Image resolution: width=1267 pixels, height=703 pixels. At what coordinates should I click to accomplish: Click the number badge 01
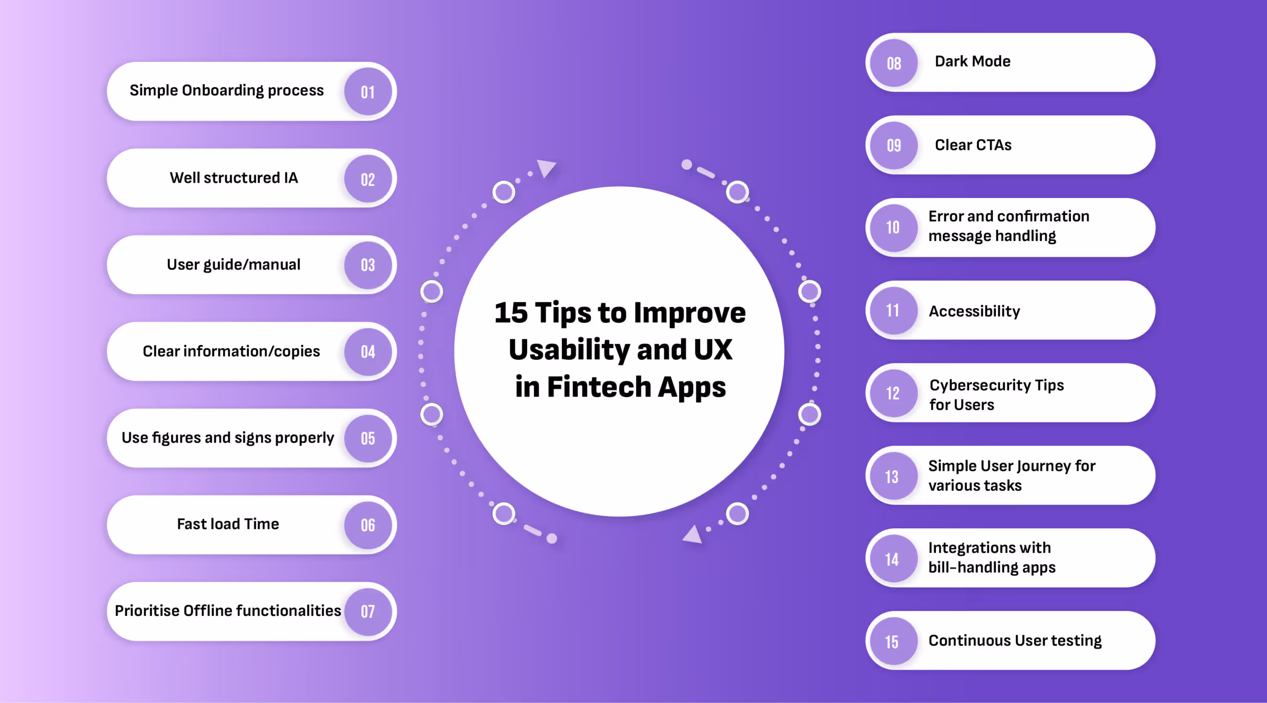pyautogui.click(x=368, y=92)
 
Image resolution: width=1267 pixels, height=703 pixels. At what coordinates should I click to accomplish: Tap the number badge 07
pyautogui.click(x=368, y=612)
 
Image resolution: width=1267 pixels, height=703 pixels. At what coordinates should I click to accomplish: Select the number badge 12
pyautogui.click(x=893, y=394)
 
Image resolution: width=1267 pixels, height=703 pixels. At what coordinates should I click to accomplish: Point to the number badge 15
pyautogui.click(x=892, y=642)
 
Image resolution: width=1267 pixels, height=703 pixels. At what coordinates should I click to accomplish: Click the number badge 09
pyautogui.click(x=894, y=146)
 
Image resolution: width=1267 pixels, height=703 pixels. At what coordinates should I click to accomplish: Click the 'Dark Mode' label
pyautogui.click(x=973, y=61)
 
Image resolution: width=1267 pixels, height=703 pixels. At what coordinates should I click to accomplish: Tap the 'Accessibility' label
pyautogui.click(x=974, y=311)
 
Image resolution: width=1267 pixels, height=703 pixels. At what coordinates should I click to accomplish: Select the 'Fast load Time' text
pyautogui.click(x=228, y=524)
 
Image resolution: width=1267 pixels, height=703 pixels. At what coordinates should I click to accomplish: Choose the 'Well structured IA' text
pyautogui.click(x=234, y=178)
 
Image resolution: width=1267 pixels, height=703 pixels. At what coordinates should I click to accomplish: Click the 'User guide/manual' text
pyautogui.click(x=234, y=264)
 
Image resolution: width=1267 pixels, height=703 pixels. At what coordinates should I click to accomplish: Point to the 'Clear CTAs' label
pyautogui.click(x=973, y=145)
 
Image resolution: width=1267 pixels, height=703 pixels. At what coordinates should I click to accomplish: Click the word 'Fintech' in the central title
pyautogui.click(x=598, y=387)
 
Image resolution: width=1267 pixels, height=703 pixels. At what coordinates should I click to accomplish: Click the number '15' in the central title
pyautogui.click(x=511, y=313)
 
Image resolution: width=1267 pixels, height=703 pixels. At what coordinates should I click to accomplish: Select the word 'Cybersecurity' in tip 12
pyautogui.click(x=980, y=385)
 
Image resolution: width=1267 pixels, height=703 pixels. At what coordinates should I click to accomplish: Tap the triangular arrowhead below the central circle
pyautogui.click(x=693, y=535)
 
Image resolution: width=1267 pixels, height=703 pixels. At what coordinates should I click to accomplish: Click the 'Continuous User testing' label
pyautogui.click(x=1015, y=641)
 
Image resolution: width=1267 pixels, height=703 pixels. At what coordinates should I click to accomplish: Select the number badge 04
pyautogui.click(x=368, y=352)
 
